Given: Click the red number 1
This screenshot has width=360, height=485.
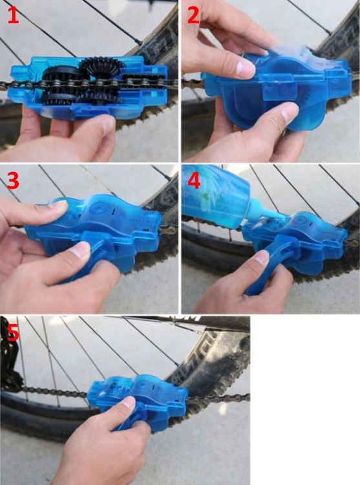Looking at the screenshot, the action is (13, 15).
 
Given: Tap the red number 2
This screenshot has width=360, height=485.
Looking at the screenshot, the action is (193, 15).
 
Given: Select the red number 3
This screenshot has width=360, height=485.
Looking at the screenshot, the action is (13, 180).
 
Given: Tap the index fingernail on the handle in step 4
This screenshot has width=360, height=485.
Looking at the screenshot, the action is (261, 257).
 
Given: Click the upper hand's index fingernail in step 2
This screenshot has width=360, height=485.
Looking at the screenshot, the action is (246, 68).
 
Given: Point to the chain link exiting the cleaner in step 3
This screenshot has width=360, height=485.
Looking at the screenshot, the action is (169, 230).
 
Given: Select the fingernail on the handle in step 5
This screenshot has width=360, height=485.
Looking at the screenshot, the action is (129, 402).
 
